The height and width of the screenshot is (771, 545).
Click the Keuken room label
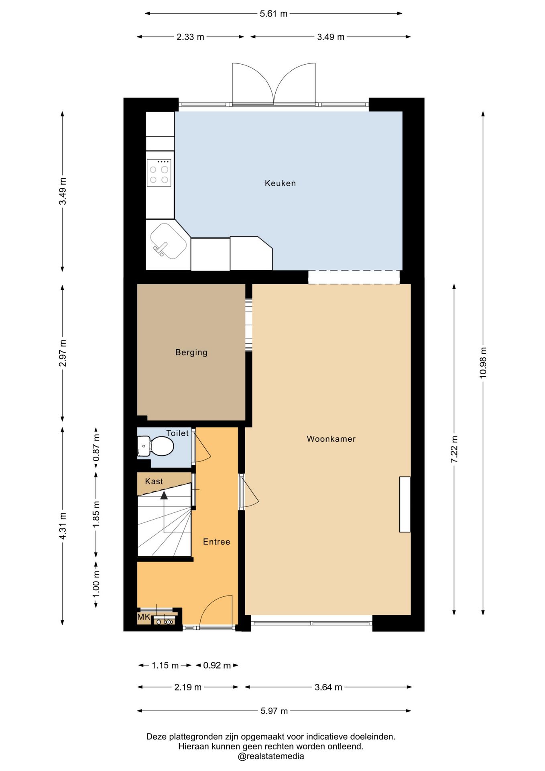(x=280, y=184)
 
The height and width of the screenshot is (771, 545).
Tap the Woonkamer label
(x=331, y=439)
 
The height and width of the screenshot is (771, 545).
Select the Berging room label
(x=191, y=353)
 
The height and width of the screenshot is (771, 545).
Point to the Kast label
(x=154, y=481)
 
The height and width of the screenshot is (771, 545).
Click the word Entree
(x=217, y=542)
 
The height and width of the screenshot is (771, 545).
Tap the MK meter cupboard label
(x=144, y=617)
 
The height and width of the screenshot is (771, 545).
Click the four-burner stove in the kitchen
(x=159, y=173)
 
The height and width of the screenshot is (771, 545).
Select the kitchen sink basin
(x=168, y=241)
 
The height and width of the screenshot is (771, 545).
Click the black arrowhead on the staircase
(x=164, y=495)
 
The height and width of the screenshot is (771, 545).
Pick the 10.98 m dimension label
(x=483, y=363)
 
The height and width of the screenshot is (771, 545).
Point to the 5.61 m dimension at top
(x=274, y=14)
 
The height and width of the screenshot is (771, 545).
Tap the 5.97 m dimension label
(x=274, y=711)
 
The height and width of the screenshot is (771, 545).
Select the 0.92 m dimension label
(x=217, y=665)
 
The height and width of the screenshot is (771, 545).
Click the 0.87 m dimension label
(x=96, y=448)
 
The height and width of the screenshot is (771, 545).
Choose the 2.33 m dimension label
(x=190, y=37)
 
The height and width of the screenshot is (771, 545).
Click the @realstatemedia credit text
(x=271, y=757)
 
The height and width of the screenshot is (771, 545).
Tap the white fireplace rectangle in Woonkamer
(x=405, y=504)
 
